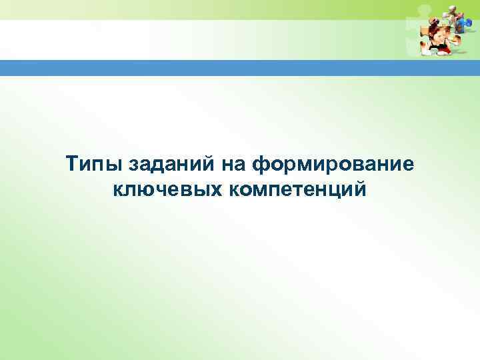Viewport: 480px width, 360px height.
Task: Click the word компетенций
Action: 297,191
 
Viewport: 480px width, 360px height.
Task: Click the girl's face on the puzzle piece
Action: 437,41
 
